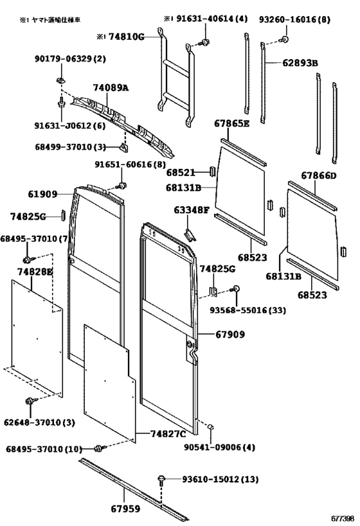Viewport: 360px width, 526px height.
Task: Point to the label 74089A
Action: (111, 87)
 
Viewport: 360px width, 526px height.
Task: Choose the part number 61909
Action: (42, 194)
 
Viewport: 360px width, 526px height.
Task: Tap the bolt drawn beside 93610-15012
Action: (162, 479)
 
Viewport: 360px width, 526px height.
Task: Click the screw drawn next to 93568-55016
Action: (236, 289)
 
